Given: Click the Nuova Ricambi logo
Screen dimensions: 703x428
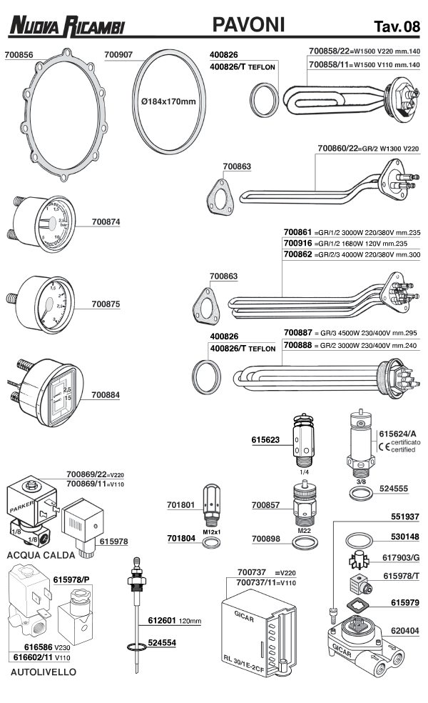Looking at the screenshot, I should click(67, 26).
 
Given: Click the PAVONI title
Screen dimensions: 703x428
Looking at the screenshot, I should click(248, 25).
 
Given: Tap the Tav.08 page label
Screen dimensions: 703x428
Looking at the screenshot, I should click(396, 27).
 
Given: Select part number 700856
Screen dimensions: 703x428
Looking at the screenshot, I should click(19, 54).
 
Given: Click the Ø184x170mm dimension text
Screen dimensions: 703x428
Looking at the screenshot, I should click(168, 102).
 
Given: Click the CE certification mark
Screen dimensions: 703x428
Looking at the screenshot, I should click(384, 447).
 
